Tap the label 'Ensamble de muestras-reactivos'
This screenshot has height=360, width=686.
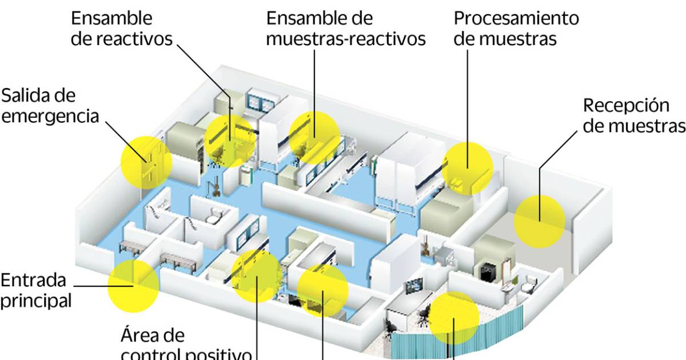coord(346,28)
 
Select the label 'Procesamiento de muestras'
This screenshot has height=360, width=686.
coord(516,28)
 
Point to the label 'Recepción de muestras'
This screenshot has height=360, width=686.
coord(633,115)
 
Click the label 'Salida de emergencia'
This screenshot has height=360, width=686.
coord(50,105)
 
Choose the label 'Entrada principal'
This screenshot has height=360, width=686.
coord(37,290)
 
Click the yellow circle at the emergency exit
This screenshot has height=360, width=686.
coord(146,162)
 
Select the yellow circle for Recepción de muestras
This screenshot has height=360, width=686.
coord(539,221)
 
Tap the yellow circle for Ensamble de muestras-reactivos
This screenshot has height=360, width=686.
coord(314,137)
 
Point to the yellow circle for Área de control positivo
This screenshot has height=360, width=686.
coord(257,276)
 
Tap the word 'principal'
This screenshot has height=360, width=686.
coord(35,300)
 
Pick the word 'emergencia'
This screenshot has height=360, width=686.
coord(50,115)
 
